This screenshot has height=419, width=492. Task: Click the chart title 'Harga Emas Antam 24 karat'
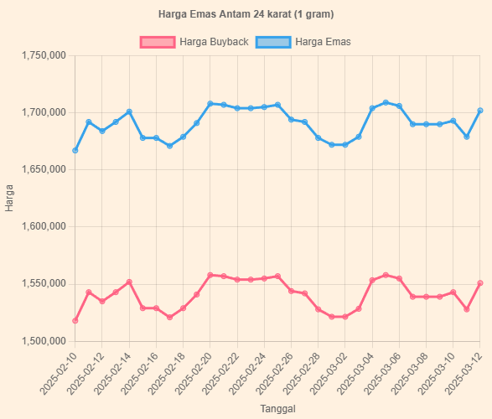pos(246,15)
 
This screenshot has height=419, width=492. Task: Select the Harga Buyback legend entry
pos(194,42)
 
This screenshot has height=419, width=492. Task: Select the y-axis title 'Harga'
pos(10,199)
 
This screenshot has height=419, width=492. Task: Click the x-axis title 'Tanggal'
pos(277,408)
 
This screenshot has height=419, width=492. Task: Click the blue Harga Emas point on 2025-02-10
pos(75,151)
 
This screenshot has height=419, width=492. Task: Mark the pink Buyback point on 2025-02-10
pos(75,321)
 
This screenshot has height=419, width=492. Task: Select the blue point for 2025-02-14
pos(129,111)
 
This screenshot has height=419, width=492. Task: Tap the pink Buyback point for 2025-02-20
pos(210,275)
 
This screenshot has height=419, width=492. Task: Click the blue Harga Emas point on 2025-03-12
pos(480,111)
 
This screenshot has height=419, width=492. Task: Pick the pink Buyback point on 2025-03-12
pos(480,283)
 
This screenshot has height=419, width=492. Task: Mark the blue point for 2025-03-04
pos(372,108)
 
